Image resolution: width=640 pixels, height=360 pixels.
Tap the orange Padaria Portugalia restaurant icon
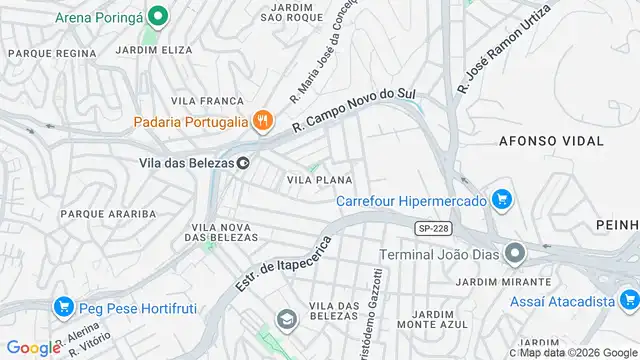click(x=262, y=122)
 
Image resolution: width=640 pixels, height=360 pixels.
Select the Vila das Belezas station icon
click(x=243, y=162)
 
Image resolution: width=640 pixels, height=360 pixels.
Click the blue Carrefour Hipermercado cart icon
click(x=503, y=200)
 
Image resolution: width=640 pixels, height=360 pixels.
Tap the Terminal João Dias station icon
click(x=514, y=252)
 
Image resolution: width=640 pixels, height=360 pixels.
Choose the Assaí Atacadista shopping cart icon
click(x=628, y=298)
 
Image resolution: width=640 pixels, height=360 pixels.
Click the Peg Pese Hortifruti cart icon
click(x=64, y=306)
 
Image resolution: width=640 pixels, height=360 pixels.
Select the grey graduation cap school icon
click(x=287, y=319)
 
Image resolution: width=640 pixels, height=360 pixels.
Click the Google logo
click(x=33, y=348)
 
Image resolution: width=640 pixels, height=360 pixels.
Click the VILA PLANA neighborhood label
click(x=318, y=180)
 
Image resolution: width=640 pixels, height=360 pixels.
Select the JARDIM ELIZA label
click(x=153, y=48)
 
